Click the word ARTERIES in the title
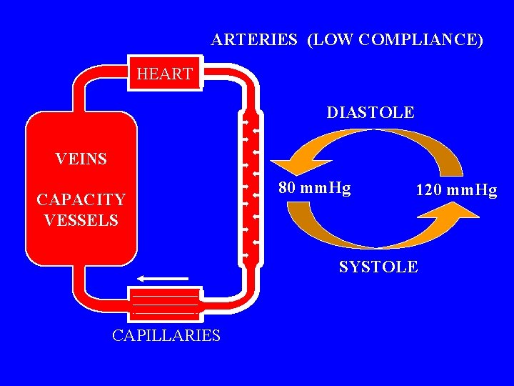[254, 40]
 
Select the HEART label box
[164, 74]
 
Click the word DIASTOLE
[370, 112]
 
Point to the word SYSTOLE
[378, 267]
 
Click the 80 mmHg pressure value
[314, 188]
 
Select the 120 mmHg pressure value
[456, 190]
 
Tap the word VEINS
[81, 159]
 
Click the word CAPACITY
[81, 199]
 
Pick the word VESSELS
[81, 219]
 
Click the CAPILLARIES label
[166, 335]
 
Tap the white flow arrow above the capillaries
[162, 278]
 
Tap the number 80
[287, 188]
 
